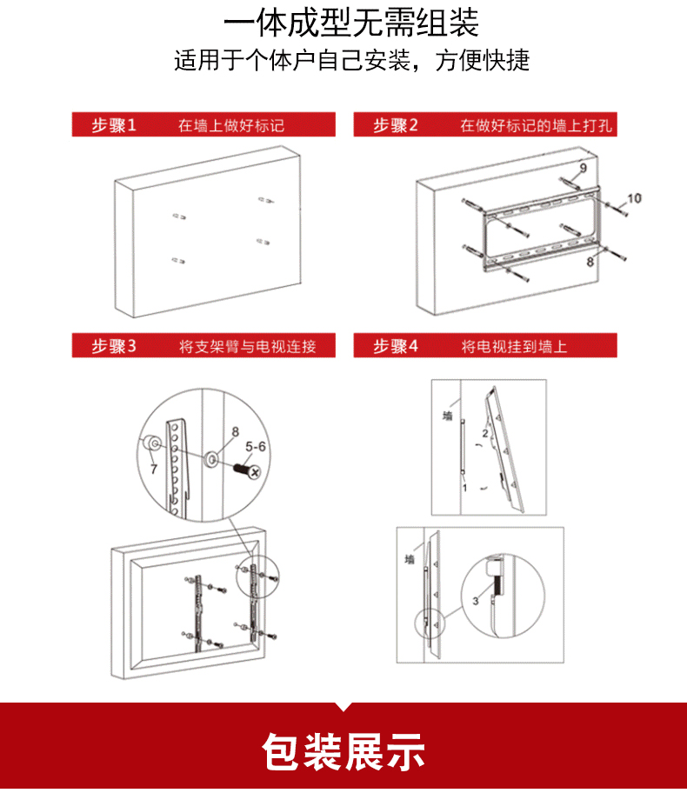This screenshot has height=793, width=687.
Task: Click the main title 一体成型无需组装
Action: (351, 23)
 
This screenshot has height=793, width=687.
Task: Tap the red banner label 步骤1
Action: (114, 125)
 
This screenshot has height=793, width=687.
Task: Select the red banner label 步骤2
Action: (396, 125)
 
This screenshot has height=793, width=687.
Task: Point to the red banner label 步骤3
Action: (114, 346)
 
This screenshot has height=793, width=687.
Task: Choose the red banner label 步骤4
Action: (396, 346)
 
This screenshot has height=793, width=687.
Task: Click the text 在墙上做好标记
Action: (231, 125)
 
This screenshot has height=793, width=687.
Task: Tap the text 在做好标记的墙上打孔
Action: (537, 125)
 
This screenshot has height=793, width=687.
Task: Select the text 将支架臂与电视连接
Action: (247, 346)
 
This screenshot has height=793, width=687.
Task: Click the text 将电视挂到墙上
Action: (514, 346)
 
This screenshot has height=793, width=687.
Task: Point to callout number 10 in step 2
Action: (634, 198)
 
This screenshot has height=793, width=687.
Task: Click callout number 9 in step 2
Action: (584, 168)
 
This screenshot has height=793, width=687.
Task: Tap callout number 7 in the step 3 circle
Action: (154, 470)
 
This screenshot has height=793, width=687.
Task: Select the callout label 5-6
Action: (256, 447)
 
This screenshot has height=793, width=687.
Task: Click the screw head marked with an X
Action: (255, 472)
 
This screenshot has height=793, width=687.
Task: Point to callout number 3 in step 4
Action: (475, 601)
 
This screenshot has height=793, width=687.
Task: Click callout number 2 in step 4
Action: (485, 433)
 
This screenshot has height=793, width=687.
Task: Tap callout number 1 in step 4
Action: (464, 488)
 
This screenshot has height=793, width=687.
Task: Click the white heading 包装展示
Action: (343, 752)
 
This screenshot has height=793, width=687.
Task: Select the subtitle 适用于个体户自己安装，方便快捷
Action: (352, 60)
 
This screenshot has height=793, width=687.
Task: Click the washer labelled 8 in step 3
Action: (212, 459)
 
